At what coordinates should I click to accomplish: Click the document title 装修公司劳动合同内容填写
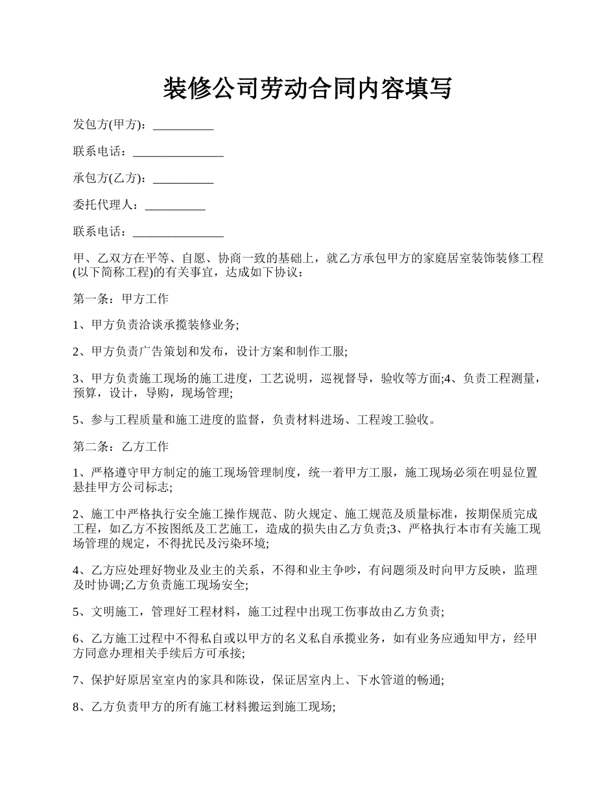point(307,88)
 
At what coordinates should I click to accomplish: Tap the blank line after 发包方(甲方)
point(183,125)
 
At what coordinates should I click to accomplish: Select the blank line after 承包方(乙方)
point(183,178)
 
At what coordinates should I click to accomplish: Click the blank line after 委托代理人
point(175,205)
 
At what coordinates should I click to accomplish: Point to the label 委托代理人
point(104,205)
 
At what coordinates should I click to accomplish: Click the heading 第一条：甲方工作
point(121,298)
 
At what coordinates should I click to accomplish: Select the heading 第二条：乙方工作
point(121,446)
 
